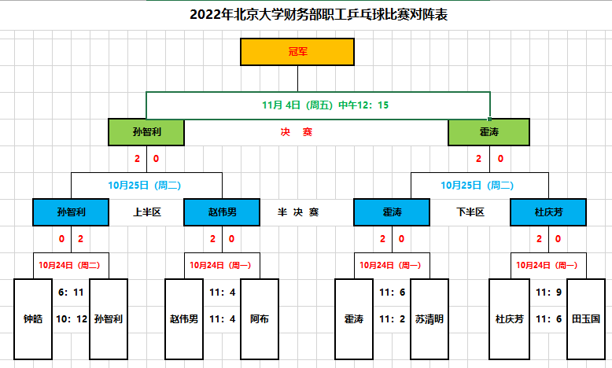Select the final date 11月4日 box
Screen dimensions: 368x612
(x=318, y=105)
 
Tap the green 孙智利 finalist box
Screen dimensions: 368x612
(x=147, y=132)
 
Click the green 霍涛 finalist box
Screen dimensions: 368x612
(x=488, y=132)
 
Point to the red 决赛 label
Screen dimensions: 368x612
(x=297, y=132)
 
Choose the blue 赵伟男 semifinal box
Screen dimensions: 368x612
(x=222, y=212)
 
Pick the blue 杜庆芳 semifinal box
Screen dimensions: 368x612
(x=547, y=212)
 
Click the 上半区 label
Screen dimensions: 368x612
(x=146, y=212)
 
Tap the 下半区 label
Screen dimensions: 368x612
(x=470, y=212)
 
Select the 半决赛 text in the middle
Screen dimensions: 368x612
(x=297, y=212)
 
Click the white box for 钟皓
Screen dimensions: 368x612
(x=33, y=319)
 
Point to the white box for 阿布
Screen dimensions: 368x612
(x=259, y=319)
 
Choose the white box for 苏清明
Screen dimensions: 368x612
(x=430, y=319)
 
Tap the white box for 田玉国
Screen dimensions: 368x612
(x=586, y=319)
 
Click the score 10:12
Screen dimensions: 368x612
(x=70, y=319)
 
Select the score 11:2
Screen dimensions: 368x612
(x=392, y=319)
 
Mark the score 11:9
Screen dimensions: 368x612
(x=548, y=292)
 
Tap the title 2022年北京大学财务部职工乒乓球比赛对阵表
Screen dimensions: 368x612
(x=319, y=15)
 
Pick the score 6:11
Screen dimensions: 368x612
(x=71, y=292)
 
